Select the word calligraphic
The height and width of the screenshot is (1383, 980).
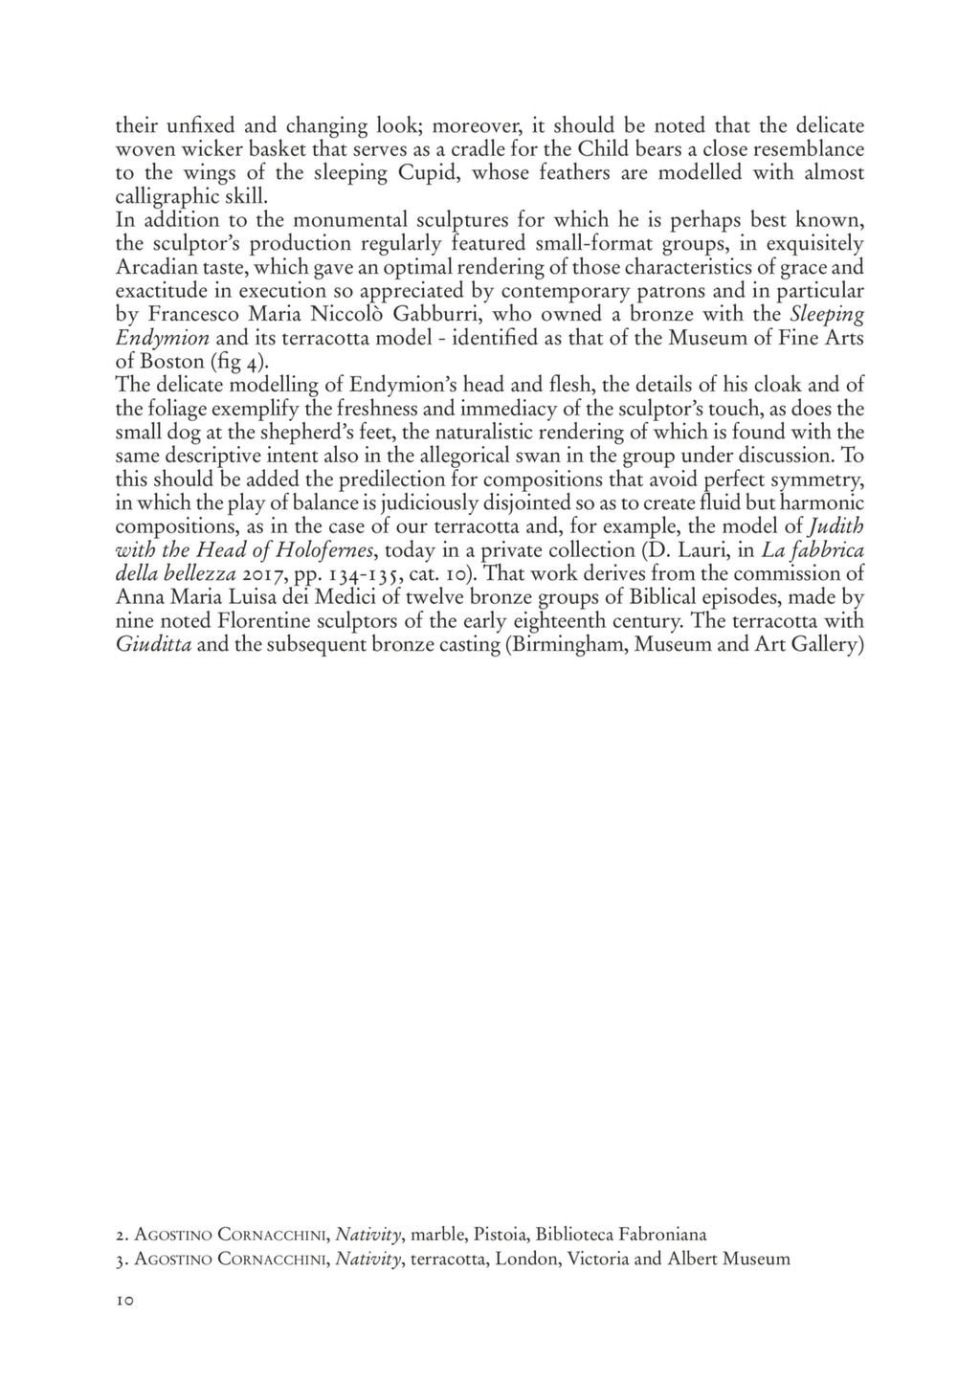tap(168, 197)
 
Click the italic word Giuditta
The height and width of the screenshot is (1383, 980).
tap(153, 645)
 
